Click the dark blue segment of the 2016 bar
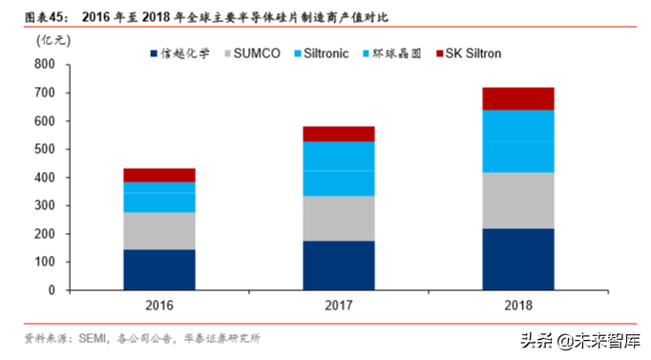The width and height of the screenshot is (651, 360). click(x=159, y=269)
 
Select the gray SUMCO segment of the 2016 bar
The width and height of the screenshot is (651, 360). click(x=159, y=230)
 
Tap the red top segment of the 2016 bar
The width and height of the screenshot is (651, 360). click(x=159, y=175)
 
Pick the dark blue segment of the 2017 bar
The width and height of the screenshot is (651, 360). click(x=339, y=265)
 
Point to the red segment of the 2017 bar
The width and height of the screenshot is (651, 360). click(x=339, y=134)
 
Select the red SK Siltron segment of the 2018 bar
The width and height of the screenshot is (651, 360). click(x=518, y=98)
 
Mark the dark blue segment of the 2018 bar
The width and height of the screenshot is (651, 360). click(x=518, y=259)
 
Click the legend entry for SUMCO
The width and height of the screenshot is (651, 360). click(x=250, y=53)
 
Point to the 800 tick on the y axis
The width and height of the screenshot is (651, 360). click(x=45, y=65)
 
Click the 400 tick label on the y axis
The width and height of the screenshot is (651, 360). click(x=45, y=178)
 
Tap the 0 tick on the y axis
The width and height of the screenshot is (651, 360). click(x=52, y=290)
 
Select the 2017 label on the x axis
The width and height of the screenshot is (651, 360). click(x=339, y=307)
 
